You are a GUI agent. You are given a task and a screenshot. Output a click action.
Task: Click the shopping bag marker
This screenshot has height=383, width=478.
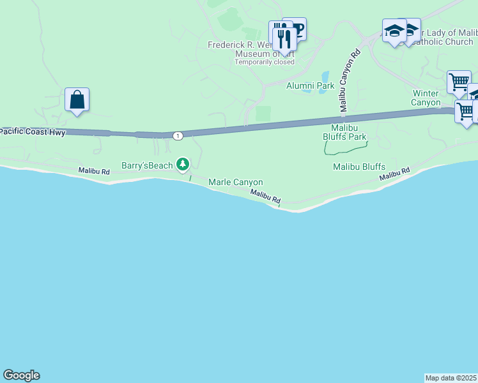(x=77, y=100)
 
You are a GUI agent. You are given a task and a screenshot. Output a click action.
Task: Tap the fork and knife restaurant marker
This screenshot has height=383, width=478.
(x=284, y=38)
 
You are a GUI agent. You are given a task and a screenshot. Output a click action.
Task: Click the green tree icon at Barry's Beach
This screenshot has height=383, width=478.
(x=183, y=164)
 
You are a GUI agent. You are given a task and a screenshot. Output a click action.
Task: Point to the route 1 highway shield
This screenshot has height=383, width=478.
(x=178, y=135)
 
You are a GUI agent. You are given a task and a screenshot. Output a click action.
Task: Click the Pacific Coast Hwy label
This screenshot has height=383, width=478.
(x=33, y=131)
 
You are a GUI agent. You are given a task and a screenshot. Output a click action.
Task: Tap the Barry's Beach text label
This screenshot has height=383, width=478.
(x=147, y=165)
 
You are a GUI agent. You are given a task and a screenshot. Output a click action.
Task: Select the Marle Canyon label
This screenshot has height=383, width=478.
(x=236, y=183)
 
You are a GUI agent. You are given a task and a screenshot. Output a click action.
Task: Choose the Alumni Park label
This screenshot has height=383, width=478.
(x=311, y=86)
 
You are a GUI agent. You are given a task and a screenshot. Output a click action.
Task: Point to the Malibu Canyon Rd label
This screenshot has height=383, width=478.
(x=350, y=80)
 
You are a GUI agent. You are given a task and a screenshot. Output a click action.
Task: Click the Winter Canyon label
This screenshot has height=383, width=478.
(x=426, y=98)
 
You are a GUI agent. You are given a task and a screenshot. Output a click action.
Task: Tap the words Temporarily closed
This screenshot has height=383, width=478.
(x=265, y=63)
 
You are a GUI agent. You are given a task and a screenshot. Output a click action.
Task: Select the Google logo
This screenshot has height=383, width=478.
(x=21, y=375)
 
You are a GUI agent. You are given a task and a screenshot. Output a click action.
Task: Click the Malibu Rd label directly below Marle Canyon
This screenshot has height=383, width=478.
(x=265, y=197)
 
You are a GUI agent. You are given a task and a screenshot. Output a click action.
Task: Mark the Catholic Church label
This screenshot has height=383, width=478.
(x=442, y=41)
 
